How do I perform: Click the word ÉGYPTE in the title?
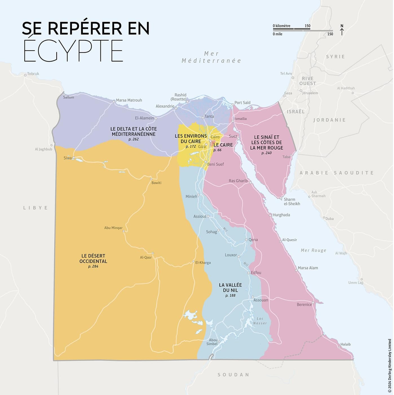coord(73,51)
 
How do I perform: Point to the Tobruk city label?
coord(33,74)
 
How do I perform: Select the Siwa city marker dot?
coord(74,158)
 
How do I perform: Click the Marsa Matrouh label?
coord(129,100)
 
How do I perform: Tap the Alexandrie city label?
coord(165,106)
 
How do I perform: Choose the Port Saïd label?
coord(242,103)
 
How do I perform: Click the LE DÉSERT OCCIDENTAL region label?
coord(93,258)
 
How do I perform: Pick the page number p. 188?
coord(230,295)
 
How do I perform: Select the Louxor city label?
coord(231,255)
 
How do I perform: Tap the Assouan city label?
coord(261,300)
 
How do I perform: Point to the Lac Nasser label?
coord(260,321)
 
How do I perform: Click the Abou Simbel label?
coord(213,342)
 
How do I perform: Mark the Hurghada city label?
coord(281,215)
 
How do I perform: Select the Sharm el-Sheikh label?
coord(291,201)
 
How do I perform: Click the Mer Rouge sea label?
coord(313,250)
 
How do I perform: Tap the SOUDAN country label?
coord(233,375)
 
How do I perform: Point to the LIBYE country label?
coord(36,208)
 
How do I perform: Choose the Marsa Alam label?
coord(308,268)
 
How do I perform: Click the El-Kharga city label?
coord(203,263)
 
